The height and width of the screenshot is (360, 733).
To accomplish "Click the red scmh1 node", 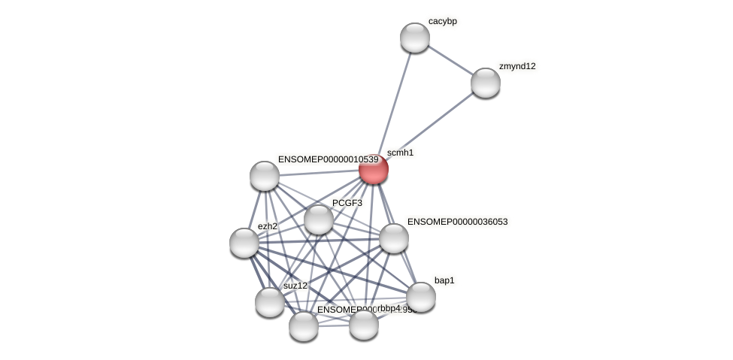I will coord(374,169).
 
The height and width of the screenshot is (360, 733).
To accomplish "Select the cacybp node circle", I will coord(414,38).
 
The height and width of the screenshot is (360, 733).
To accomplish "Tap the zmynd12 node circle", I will coord(486,82).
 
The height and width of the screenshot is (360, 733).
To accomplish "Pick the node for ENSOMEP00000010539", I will coord(265,176).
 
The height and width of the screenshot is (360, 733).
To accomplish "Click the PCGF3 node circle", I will coord(319,219).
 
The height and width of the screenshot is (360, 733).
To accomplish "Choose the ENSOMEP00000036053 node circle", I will coord(393,238).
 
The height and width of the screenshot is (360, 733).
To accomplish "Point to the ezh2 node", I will coord(244,242).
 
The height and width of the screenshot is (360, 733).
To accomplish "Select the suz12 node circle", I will coord(270,301).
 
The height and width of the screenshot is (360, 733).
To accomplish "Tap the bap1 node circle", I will coord(421,296).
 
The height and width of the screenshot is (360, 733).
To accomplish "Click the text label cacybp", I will coord(443,21).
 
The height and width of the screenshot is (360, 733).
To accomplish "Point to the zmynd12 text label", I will coord(517,66).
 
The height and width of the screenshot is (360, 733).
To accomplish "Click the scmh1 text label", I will coord(400,153).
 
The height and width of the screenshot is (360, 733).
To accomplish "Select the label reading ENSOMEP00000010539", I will coord(328,159).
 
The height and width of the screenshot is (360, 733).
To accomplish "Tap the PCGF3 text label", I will coord(347,203).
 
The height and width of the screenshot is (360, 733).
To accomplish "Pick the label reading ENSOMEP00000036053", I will coord(457,222).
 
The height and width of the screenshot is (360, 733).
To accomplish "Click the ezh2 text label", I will coord(267,225).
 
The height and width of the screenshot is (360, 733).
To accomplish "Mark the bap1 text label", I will coord(444,280).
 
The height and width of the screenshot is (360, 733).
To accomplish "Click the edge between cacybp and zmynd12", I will coord(450,59).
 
